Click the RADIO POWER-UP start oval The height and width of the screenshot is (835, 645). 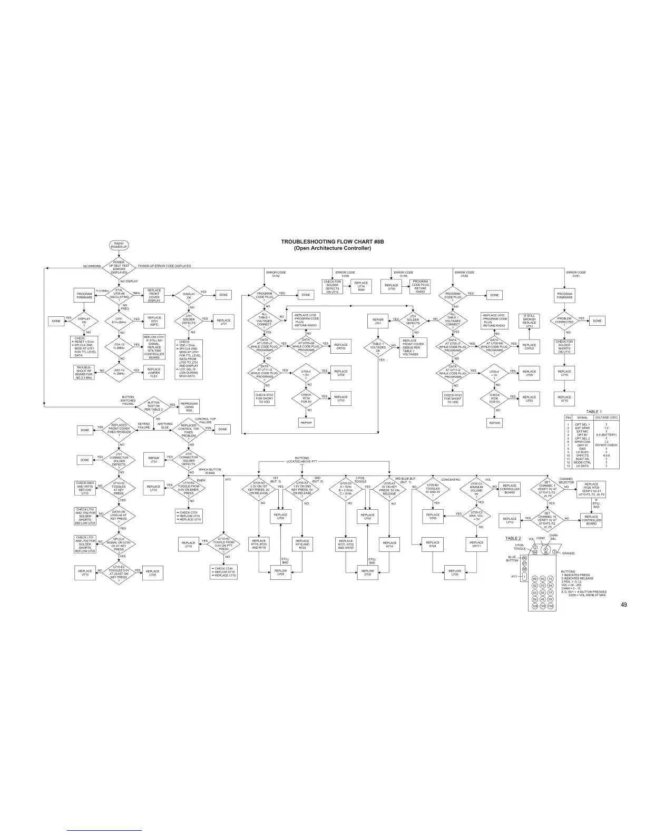119,246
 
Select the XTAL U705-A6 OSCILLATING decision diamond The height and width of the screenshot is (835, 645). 119,295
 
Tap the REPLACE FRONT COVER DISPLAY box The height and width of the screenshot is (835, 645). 154,295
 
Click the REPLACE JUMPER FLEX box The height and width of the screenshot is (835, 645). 154,372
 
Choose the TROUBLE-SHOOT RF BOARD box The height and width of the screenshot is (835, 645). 84,372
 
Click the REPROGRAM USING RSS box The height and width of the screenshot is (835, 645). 189,406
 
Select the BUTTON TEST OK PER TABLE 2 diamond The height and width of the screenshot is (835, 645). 153,406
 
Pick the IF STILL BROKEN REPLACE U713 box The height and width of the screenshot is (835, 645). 529,321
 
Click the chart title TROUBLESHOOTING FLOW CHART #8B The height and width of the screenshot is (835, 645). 332,241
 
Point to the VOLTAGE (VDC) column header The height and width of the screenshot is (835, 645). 606,417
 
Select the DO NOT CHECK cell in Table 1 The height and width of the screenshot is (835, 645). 606,445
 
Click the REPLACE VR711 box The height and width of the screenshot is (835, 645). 476,545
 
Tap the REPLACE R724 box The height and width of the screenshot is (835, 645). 433,545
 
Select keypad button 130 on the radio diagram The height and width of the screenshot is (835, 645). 550,606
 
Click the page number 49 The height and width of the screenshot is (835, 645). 623,605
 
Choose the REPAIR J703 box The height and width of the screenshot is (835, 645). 154,459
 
